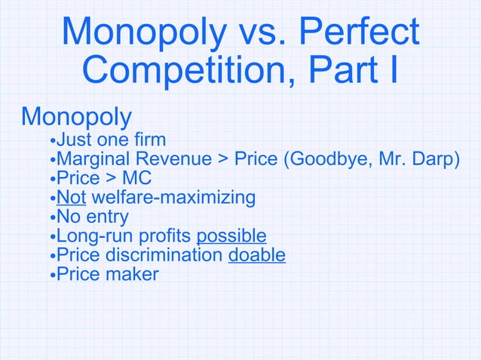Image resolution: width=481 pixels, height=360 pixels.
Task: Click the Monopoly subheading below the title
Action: point(76,117)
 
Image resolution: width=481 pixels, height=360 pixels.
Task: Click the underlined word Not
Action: point(71,197)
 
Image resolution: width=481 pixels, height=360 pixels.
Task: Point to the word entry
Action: point(107,217)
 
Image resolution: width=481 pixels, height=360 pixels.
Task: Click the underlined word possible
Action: point(231,236)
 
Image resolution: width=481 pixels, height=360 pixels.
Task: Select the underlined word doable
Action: point(256,255)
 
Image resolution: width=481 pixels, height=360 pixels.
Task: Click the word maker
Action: point(133,274)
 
